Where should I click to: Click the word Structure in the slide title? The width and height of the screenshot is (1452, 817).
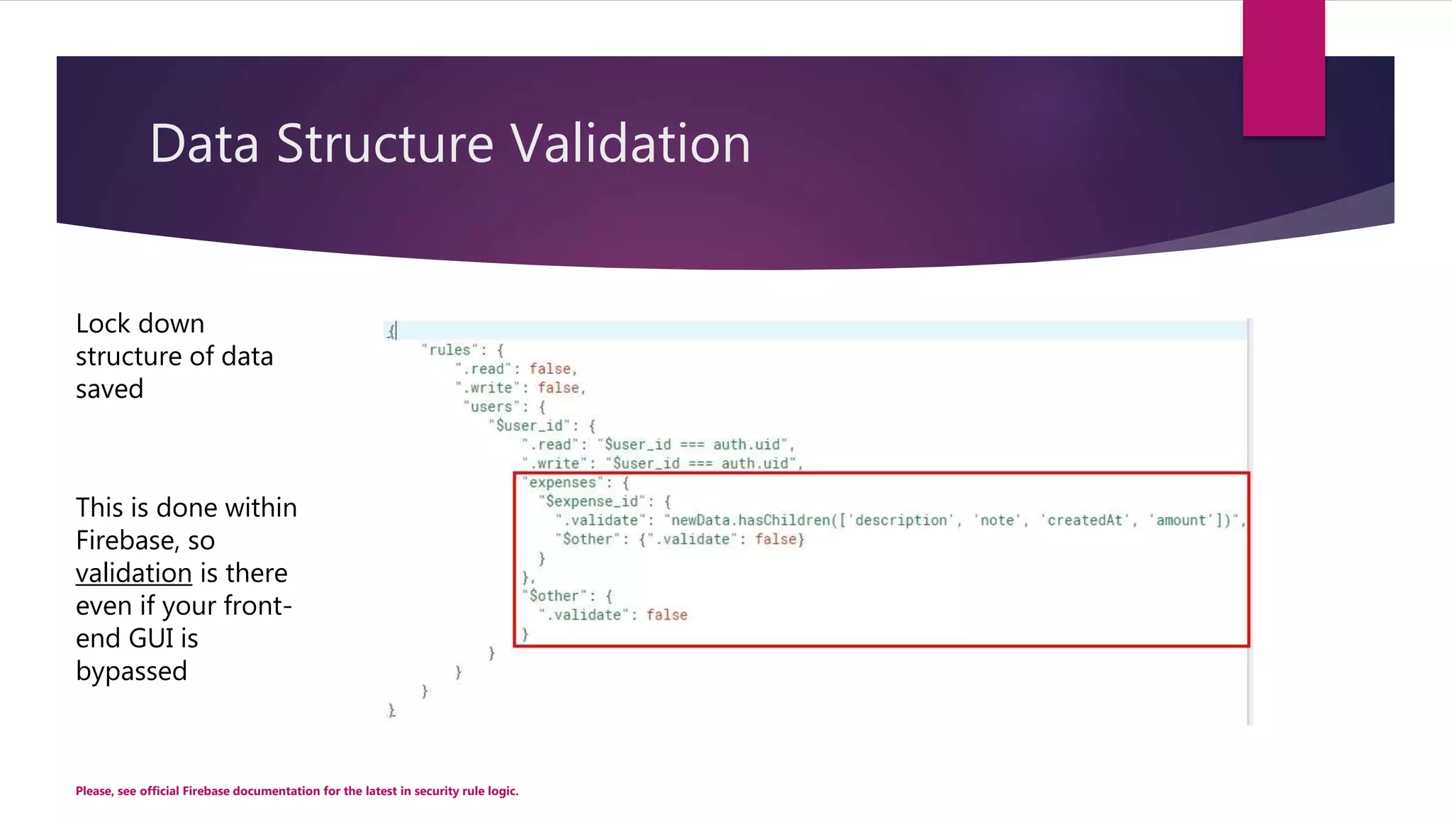384,143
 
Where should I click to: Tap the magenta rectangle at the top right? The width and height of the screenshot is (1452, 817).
1283,67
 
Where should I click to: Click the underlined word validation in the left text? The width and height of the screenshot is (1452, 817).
133,573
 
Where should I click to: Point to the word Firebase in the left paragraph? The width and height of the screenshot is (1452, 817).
124,540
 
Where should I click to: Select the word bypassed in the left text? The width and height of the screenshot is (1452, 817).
131,671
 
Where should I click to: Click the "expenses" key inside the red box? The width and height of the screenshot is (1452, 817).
563,482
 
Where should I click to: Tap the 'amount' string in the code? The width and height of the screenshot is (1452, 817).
1181,521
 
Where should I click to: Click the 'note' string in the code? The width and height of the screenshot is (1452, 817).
997,521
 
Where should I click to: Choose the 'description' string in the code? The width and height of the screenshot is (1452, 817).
900,521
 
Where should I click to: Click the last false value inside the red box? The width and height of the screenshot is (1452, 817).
666,615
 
